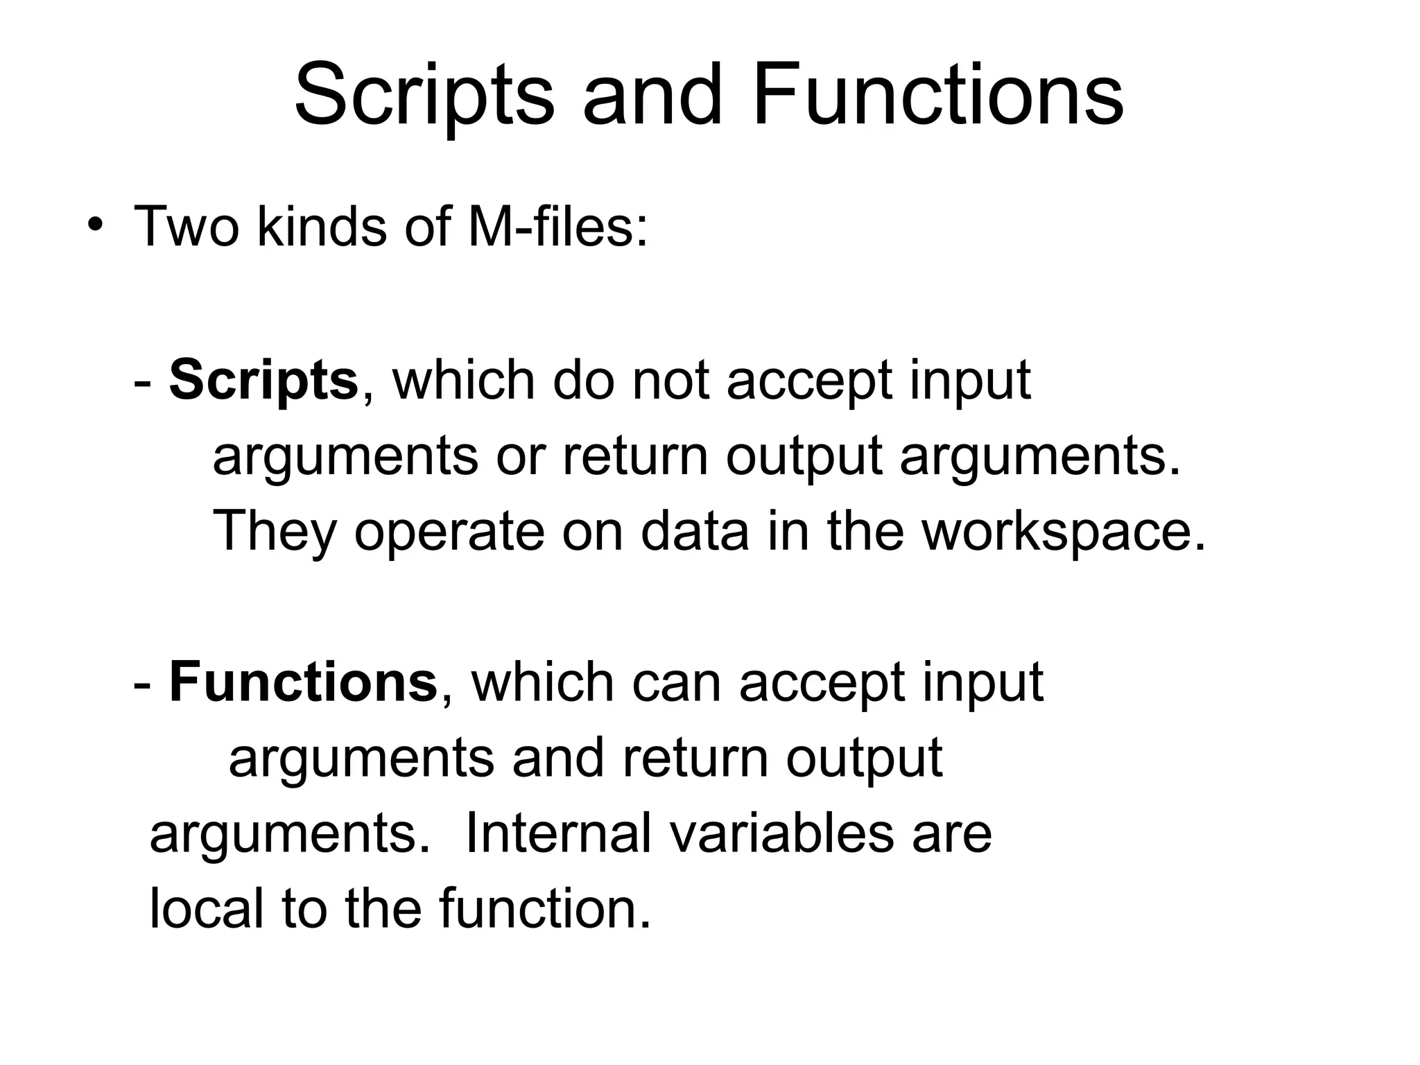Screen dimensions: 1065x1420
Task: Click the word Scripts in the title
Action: (x=424, y=95)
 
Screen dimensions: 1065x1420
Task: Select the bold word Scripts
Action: (x=263, y=381)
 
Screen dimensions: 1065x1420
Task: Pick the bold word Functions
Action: (x=303, y=683)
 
